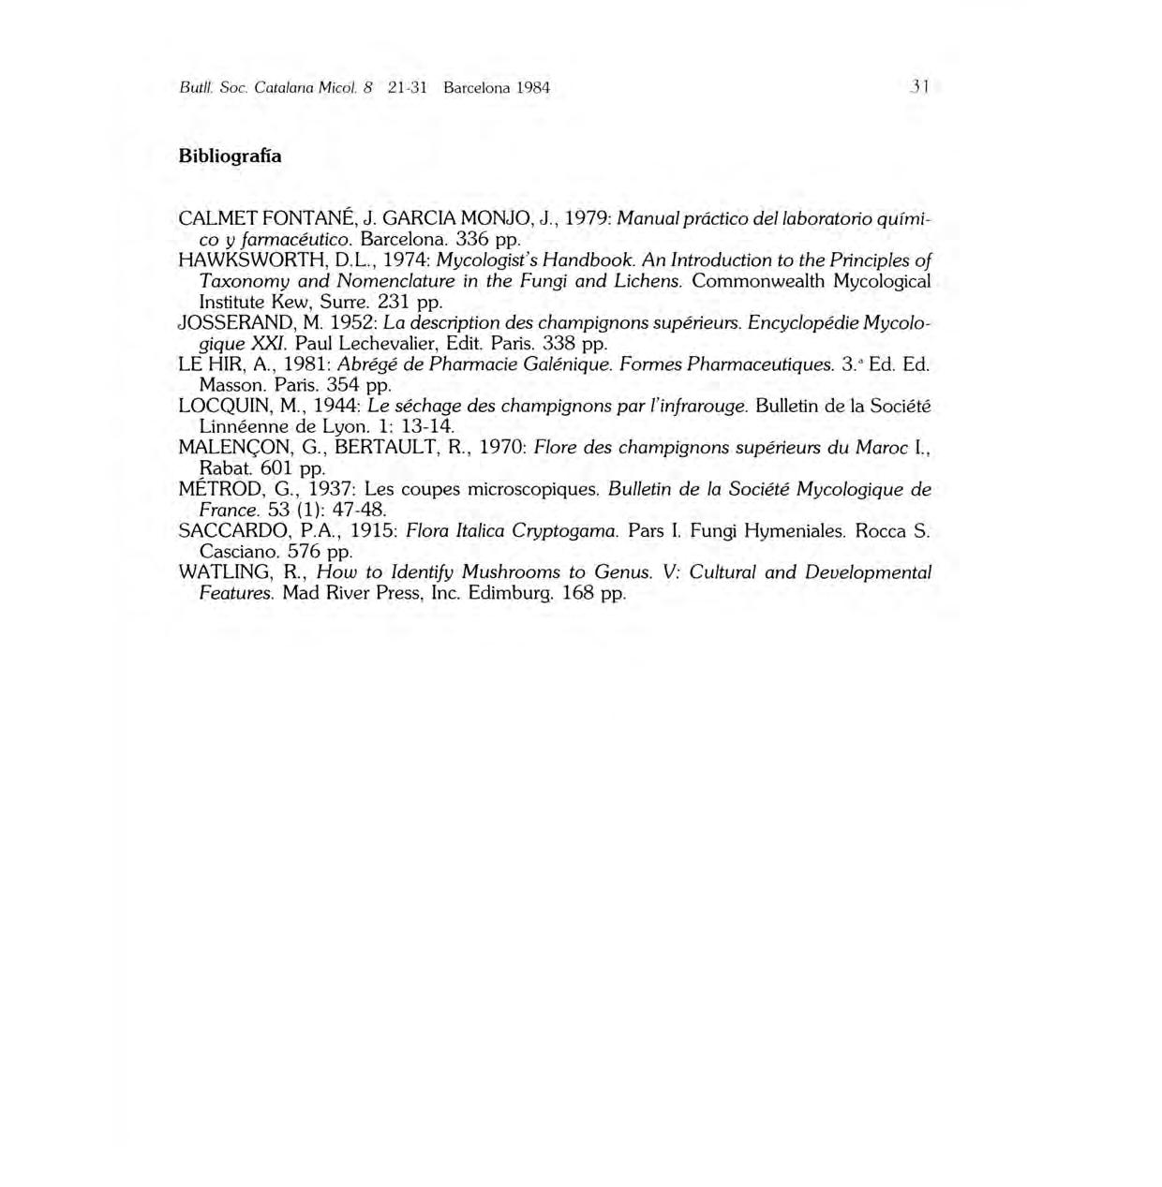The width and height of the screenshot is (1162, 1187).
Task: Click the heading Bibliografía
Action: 230,156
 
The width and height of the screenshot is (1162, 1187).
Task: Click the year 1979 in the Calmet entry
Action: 586,218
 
